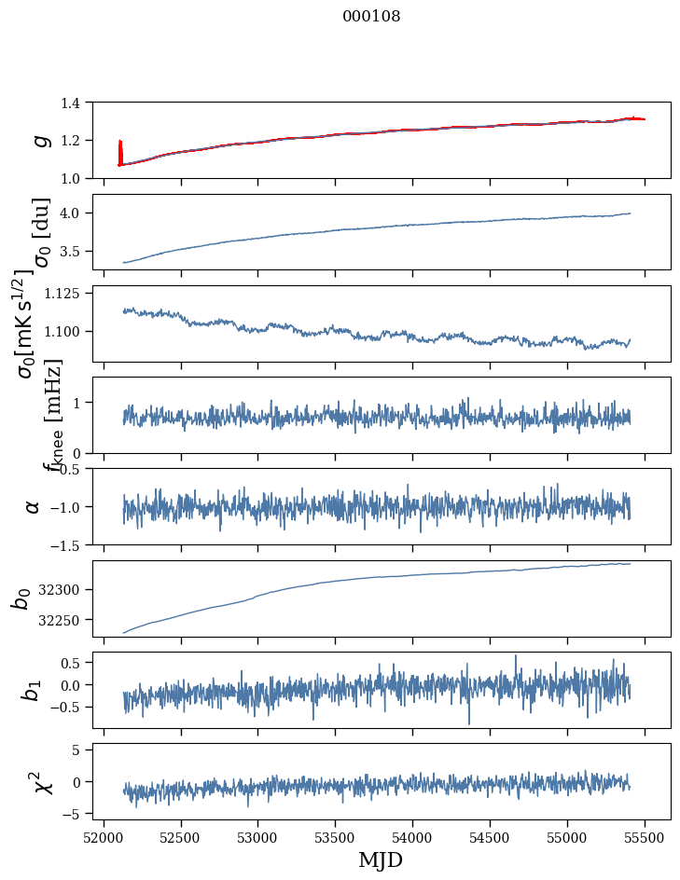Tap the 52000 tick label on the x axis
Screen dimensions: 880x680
104,837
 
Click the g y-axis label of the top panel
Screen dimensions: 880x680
38,141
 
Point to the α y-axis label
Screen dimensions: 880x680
34,506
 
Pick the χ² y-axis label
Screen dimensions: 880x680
38,781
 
